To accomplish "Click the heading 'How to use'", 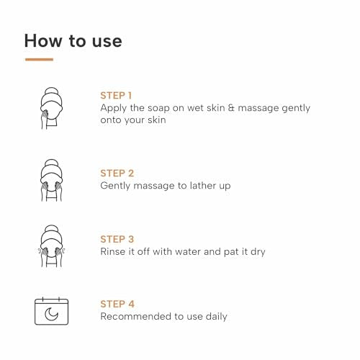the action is tap(73, 41).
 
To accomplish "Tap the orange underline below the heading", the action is tap(39, 59).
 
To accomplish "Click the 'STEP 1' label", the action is tap(116, 96).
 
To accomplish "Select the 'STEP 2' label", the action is tap(117, 174).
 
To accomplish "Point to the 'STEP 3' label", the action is tap(117, 239).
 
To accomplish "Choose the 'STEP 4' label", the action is tap(117, 304).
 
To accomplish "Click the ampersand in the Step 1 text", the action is tap(231, 108).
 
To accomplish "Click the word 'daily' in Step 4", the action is tap(217, 317).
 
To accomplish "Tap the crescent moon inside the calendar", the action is tap(51, 315).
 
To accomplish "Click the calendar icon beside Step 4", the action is tap(52, 311).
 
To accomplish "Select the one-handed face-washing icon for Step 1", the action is tap(51, 108).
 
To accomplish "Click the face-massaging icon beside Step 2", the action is tap(51, 180).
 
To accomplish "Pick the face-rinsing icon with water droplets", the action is tap(51, 246).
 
